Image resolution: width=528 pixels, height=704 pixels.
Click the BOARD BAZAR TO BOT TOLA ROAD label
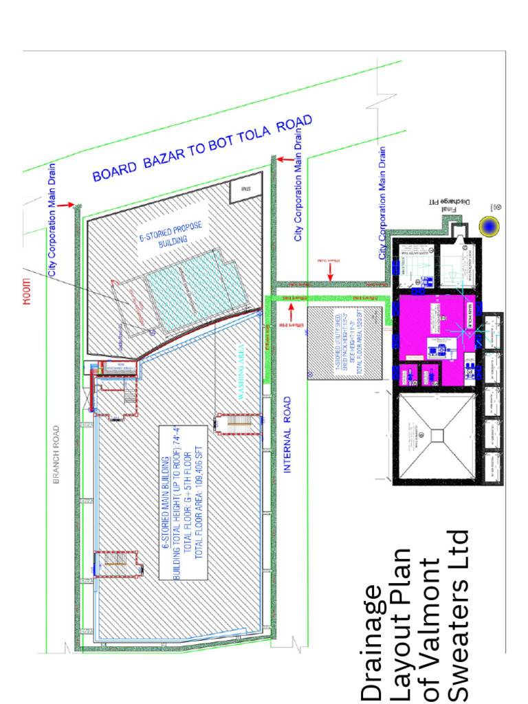pos(203,148)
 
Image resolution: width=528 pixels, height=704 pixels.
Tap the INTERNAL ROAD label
pos(287,434)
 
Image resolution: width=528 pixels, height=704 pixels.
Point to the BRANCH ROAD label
pos(57,455)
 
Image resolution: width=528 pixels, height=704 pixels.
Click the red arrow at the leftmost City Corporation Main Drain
pos(65,205)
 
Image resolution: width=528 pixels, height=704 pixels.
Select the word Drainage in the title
pos(372,642)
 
